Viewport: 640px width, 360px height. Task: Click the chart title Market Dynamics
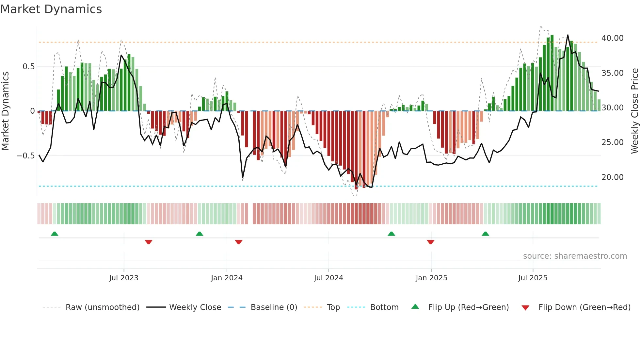(51, 9)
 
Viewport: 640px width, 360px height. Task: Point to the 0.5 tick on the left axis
(28, 67)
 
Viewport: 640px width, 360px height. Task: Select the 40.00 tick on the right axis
(612, 38)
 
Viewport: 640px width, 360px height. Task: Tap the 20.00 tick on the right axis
(612, 177)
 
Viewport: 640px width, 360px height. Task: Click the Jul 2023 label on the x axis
(124, 278)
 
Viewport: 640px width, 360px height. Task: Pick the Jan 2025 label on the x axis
(431, 278)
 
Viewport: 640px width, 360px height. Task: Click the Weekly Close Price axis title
(634, 111)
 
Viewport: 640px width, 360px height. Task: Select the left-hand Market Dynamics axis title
(5, 111)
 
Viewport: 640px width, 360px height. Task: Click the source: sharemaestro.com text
(575, 256)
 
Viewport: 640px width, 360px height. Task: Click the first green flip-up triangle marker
(55, 234)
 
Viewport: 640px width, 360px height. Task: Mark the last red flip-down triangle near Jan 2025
(430, 242)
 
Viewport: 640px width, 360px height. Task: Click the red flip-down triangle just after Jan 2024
(239, 242)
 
